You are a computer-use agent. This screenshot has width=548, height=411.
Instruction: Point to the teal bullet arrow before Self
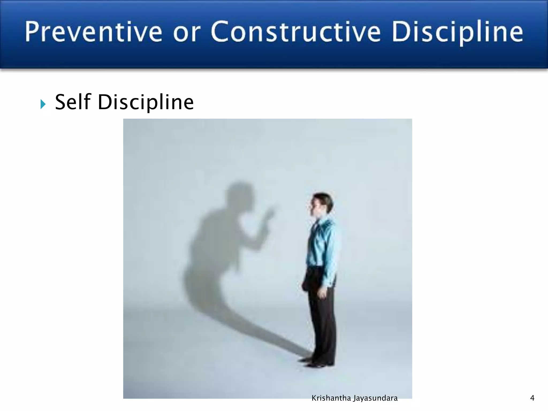click(x=43, y=104)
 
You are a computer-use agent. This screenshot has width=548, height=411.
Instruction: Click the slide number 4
click(x=532, y=398)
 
